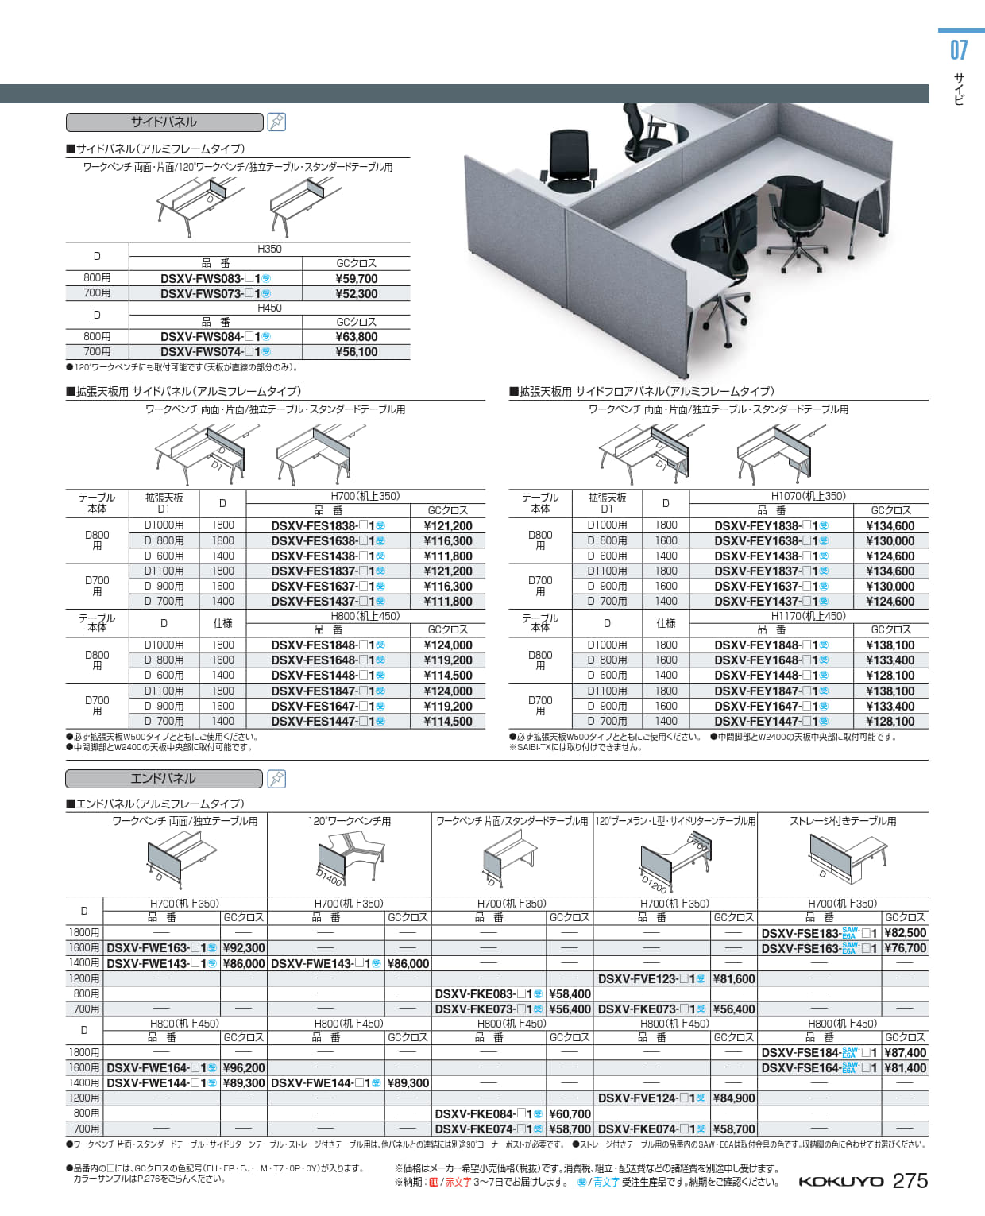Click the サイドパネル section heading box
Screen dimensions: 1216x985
(164, 122)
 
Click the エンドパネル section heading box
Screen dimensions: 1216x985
(164, 779)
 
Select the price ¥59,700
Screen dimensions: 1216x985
(356, 279)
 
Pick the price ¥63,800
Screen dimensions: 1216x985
(356, 337)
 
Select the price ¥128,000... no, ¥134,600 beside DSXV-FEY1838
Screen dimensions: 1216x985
(890, 526)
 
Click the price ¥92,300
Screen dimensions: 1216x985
(243, 948)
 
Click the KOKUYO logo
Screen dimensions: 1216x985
(840, 1182)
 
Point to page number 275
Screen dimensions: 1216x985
(910, 1181)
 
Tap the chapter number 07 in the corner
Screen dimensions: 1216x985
(959, 51)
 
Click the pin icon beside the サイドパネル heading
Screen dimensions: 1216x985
(276, 122)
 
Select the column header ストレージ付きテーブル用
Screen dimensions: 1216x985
(842, 821)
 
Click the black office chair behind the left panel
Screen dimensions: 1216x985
(570, 162)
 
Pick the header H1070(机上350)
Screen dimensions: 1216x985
(808, 496)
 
